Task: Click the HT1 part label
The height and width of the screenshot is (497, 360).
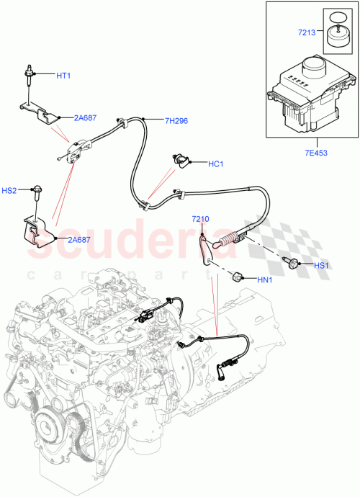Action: click(x=65, y=75)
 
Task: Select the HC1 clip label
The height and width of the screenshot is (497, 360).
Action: click(x=217, y=164)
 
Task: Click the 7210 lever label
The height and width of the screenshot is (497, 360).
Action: click(x=200, y=218)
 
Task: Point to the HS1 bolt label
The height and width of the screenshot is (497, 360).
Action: click(x=323, y=265)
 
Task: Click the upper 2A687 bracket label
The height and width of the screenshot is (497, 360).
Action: click(x=86, y=117)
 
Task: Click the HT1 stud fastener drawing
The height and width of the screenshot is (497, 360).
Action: click(x=29, y=75)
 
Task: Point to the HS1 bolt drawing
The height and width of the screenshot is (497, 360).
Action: click(x=292, y=264)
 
